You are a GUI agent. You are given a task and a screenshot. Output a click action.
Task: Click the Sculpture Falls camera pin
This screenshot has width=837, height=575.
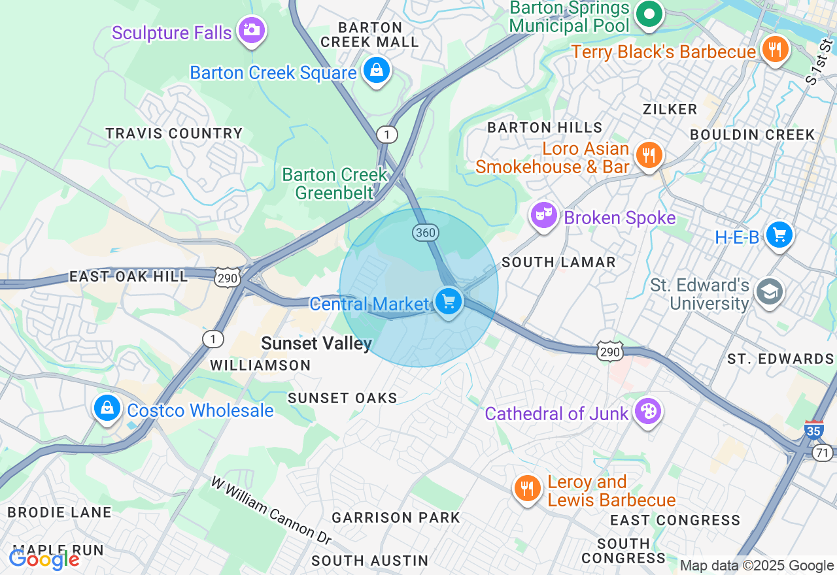tap(251, 30)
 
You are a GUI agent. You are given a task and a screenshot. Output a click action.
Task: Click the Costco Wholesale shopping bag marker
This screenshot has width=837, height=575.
tap(107, 408)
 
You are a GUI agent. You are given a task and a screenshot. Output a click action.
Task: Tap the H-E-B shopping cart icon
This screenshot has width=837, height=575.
tap(779, 235)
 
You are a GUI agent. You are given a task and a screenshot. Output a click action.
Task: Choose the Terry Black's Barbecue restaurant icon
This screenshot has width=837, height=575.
tap(775, 50)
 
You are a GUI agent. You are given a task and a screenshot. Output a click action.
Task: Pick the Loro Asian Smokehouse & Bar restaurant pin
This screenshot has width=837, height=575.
tap(648, 156)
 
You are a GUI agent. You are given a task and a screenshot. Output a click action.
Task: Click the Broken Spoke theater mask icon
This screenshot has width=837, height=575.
tap(543, 214)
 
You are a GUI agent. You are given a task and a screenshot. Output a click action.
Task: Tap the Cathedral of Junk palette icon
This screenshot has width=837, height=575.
tap(648, 412)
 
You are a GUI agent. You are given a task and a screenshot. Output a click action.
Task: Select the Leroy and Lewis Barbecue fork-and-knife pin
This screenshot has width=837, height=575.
tap(527, 488)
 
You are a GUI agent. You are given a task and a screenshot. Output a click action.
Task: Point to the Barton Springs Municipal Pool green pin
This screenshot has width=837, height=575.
tap(649, 14)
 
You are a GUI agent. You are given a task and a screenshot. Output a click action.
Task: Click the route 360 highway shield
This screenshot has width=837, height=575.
tap(424, 232)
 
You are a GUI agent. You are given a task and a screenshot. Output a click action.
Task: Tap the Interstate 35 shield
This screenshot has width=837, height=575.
tap(814, 429)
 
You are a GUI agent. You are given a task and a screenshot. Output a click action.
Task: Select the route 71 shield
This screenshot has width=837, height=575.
tap(822, 452)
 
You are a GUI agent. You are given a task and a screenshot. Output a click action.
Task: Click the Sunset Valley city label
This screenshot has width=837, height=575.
tap(316, 343)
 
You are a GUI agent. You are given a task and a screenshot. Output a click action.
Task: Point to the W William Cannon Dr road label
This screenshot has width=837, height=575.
tap(271, 510)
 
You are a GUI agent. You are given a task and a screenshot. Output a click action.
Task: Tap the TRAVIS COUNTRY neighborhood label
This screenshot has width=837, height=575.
tap(174, 134)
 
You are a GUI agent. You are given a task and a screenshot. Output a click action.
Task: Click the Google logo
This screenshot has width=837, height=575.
tap(44, 559)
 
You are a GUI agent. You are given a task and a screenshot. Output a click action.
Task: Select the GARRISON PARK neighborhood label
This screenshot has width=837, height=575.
tap(396, 518)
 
